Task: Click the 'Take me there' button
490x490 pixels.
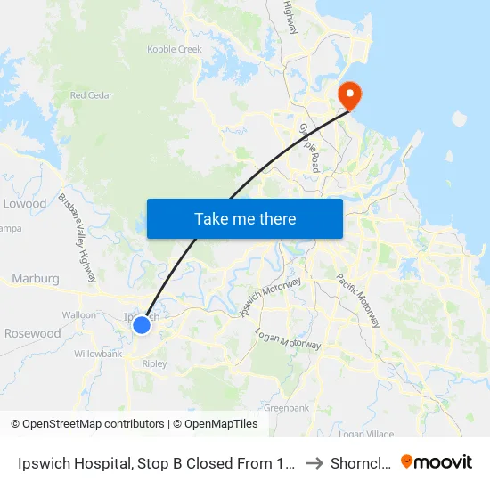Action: (245, 218)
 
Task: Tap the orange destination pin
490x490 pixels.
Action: (347, 94)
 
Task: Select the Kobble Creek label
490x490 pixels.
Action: (175, 50)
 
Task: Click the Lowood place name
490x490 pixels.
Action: (24, 204)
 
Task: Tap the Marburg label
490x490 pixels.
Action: (36, 279)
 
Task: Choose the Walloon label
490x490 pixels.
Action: (79, 315)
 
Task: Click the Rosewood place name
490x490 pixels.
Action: (33, 334)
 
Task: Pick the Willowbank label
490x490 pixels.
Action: (98, 354)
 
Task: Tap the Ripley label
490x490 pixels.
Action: (154, 363)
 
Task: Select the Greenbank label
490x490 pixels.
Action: (286, 408)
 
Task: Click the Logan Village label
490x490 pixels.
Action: (366, 433)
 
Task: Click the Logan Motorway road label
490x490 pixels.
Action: (288, 339)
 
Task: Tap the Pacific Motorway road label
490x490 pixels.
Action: (358, 300)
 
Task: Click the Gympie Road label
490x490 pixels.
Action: (310, 147)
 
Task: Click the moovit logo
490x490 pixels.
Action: (437, 462)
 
